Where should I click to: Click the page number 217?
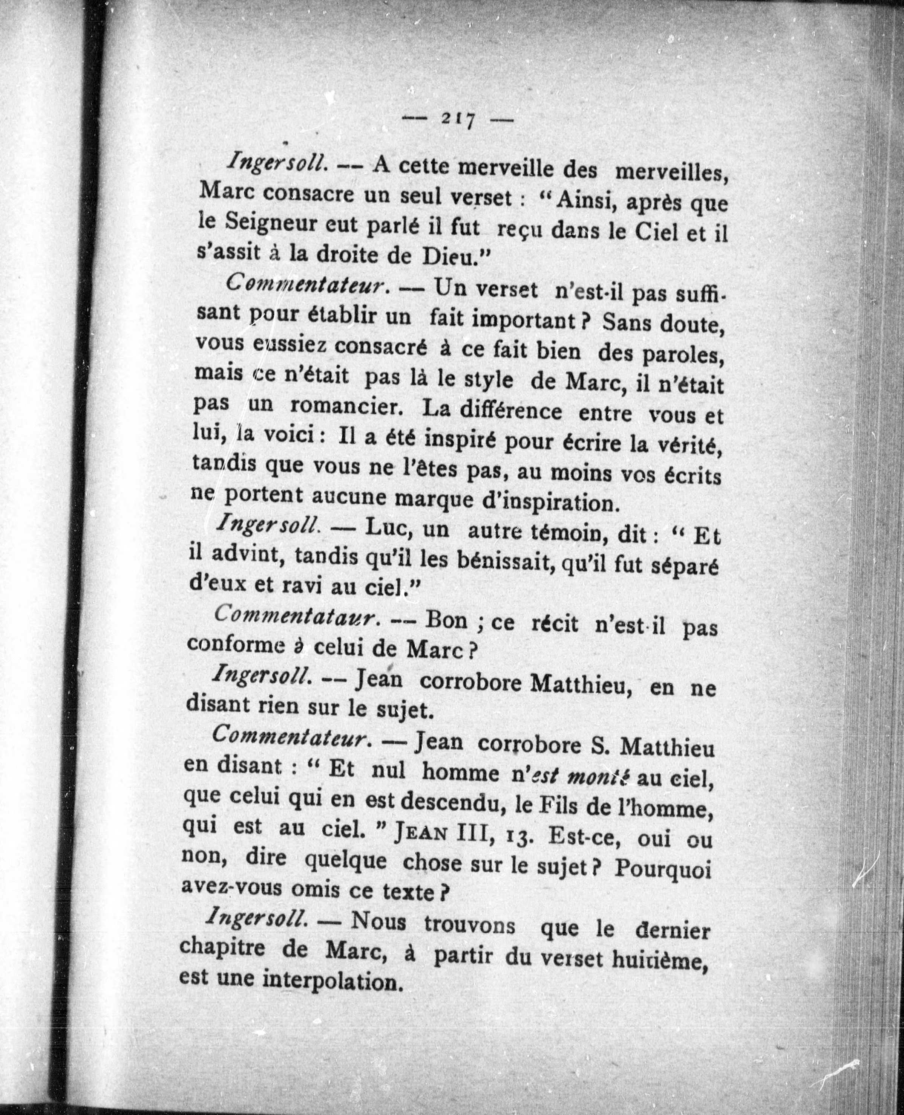point(458,120)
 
